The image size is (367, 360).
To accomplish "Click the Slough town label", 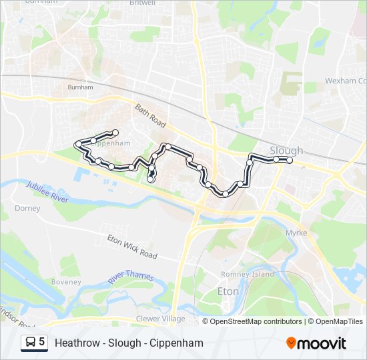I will pyautogui.click(x=286, y=151).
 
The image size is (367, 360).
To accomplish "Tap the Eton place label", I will pyautogui.click(x=228, y=291).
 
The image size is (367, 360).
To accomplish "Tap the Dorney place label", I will pyautogui.click(x=28, y=209).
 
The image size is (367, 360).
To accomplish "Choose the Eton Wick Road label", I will pyautogui.click(x=132, y=247).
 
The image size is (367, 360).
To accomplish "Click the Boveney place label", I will pyautogui.click(x=67, y=282).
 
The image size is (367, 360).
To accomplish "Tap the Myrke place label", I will pyautogui.click(x=296, y=233).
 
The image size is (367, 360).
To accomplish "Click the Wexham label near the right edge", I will pyautogui.click(x=345, y=81).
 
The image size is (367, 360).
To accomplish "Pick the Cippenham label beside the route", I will pyautogui.click(x=111, y=143).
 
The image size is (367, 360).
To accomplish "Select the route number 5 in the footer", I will pyautogui.click(x=42, y=342).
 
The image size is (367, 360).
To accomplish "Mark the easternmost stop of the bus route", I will pyautogui.click(x=289, y=160).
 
